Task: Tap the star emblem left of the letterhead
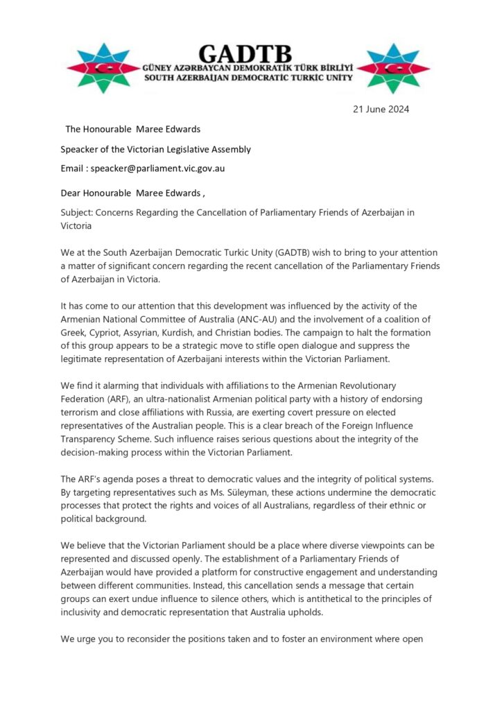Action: [103, 69]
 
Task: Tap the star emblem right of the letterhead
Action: [393, 69]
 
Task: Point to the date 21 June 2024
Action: [381, 109]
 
